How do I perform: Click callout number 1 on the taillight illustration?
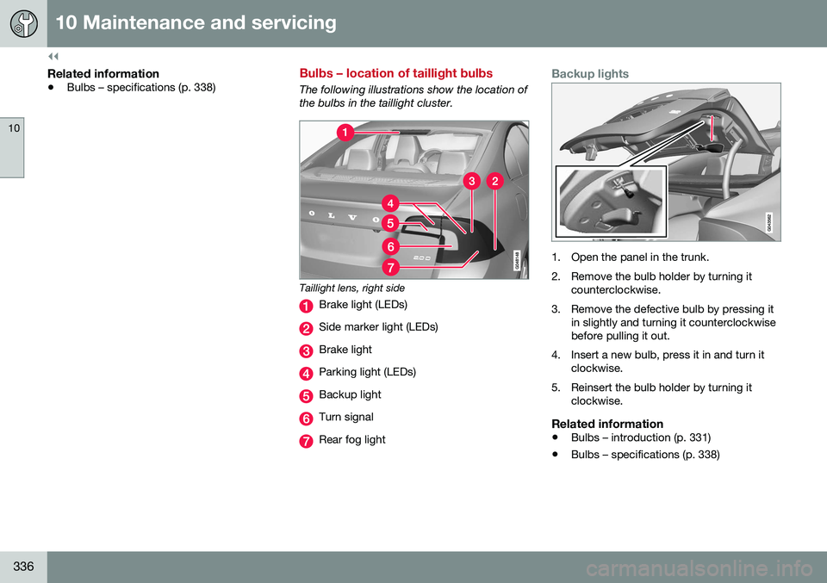pos(344,133)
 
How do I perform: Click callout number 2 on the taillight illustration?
pos(494,181)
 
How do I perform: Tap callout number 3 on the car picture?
pos(471,181)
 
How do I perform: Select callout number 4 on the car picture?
pos(390,203)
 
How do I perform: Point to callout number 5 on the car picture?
pos(390,224)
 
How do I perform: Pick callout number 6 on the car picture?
pos(390,246)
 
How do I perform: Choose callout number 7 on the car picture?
pos(390,266)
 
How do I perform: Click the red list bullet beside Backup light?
pos(306,395)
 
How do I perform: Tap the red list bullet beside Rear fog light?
pos(306,441)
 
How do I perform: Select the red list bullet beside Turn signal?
pos(306,418)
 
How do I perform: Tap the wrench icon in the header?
pos(23,23)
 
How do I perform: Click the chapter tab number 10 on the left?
pos(12,127)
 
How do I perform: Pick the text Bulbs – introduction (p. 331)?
pos(640,437)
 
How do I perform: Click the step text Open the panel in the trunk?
pos(639,257)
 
